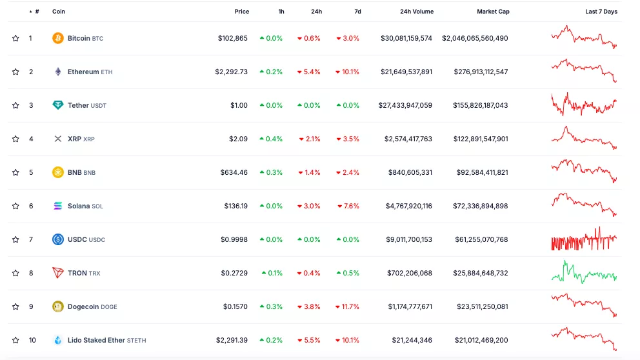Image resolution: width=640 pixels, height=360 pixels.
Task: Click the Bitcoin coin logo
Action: [58, 38]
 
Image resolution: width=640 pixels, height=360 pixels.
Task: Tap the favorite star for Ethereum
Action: [15, 72]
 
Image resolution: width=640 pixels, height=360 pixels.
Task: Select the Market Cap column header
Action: [493, 12]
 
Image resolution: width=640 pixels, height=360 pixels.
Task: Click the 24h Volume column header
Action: [417, 12]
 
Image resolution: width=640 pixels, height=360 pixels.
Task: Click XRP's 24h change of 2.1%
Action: [309, 139]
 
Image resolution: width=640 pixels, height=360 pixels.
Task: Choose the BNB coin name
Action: [75, 172]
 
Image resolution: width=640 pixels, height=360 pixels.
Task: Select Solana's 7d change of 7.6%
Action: [348, 206]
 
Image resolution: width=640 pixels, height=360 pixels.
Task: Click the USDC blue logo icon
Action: [58, 239]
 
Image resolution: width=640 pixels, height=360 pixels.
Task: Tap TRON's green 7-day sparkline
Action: [584, 272]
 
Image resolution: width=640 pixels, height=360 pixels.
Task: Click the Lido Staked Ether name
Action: [96, 340]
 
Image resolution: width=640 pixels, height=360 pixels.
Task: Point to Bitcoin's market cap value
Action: [475, 38]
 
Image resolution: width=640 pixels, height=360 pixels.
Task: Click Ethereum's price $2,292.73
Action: [231, 72]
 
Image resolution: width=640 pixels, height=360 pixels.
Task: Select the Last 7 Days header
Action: [601, 12]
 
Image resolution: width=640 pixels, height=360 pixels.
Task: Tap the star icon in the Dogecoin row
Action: [15, 306]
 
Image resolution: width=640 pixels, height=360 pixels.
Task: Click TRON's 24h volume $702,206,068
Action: [410, 273]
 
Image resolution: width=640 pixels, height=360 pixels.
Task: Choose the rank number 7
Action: [30, 239]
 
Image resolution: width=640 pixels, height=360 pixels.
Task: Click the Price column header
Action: [241, 12]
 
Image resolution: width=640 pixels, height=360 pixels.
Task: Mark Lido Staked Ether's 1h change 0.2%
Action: [271, 340]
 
